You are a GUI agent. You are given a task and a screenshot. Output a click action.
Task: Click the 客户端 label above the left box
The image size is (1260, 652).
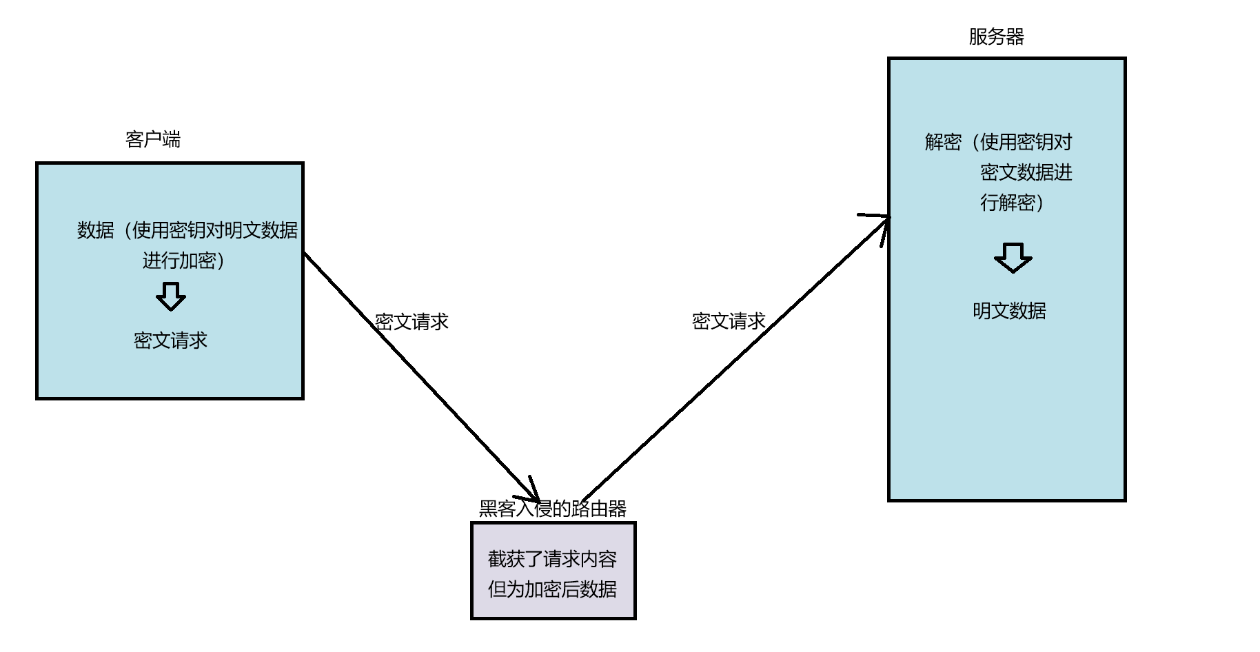coord(153,140)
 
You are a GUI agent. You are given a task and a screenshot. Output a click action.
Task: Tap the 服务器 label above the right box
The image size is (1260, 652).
coord(996,37)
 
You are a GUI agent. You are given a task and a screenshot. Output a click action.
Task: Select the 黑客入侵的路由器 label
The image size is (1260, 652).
coord(552,509)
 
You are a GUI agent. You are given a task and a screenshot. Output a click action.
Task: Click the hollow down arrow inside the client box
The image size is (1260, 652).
coord(170,296)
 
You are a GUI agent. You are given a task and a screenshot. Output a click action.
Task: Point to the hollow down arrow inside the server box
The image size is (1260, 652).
coord(1013,258)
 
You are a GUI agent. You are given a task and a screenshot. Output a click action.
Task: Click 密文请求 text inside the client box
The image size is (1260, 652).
coord(170,340)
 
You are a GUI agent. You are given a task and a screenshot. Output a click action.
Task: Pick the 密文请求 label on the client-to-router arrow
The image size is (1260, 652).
coord(411,322)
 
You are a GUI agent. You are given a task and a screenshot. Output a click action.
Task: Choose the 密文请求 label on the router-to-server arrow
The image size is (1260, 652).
coord(729,321)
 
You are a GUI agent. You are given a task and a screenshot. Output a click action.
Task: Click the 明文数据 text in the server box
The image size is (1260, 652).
coord(1009,311)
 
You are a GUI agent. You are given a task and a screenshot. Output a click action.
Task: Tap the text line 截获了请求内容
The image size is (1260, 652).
coord(552,559)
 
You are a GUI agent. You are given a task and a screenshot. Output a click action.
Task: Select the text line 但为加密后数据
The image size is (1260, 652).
coord(552,589)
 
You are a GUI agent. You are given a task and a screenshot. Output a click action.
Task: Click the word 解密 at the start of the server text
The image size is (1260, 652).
coord(943,143)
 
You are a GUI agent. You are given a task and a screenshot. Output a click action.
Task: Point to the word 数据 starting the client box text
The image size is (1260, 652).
coord(95,230)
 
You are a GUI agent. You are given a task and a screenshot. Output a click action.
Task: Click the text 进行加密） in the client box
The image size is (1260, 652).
coord(183,261)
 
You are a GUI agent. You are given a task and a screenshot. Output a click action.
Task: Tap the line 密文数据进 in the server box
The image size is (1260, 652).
coord(1026,172)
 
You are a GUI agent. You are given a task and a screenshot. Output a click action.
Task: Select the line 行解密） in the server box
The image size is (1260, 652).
coord(1011,203)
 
